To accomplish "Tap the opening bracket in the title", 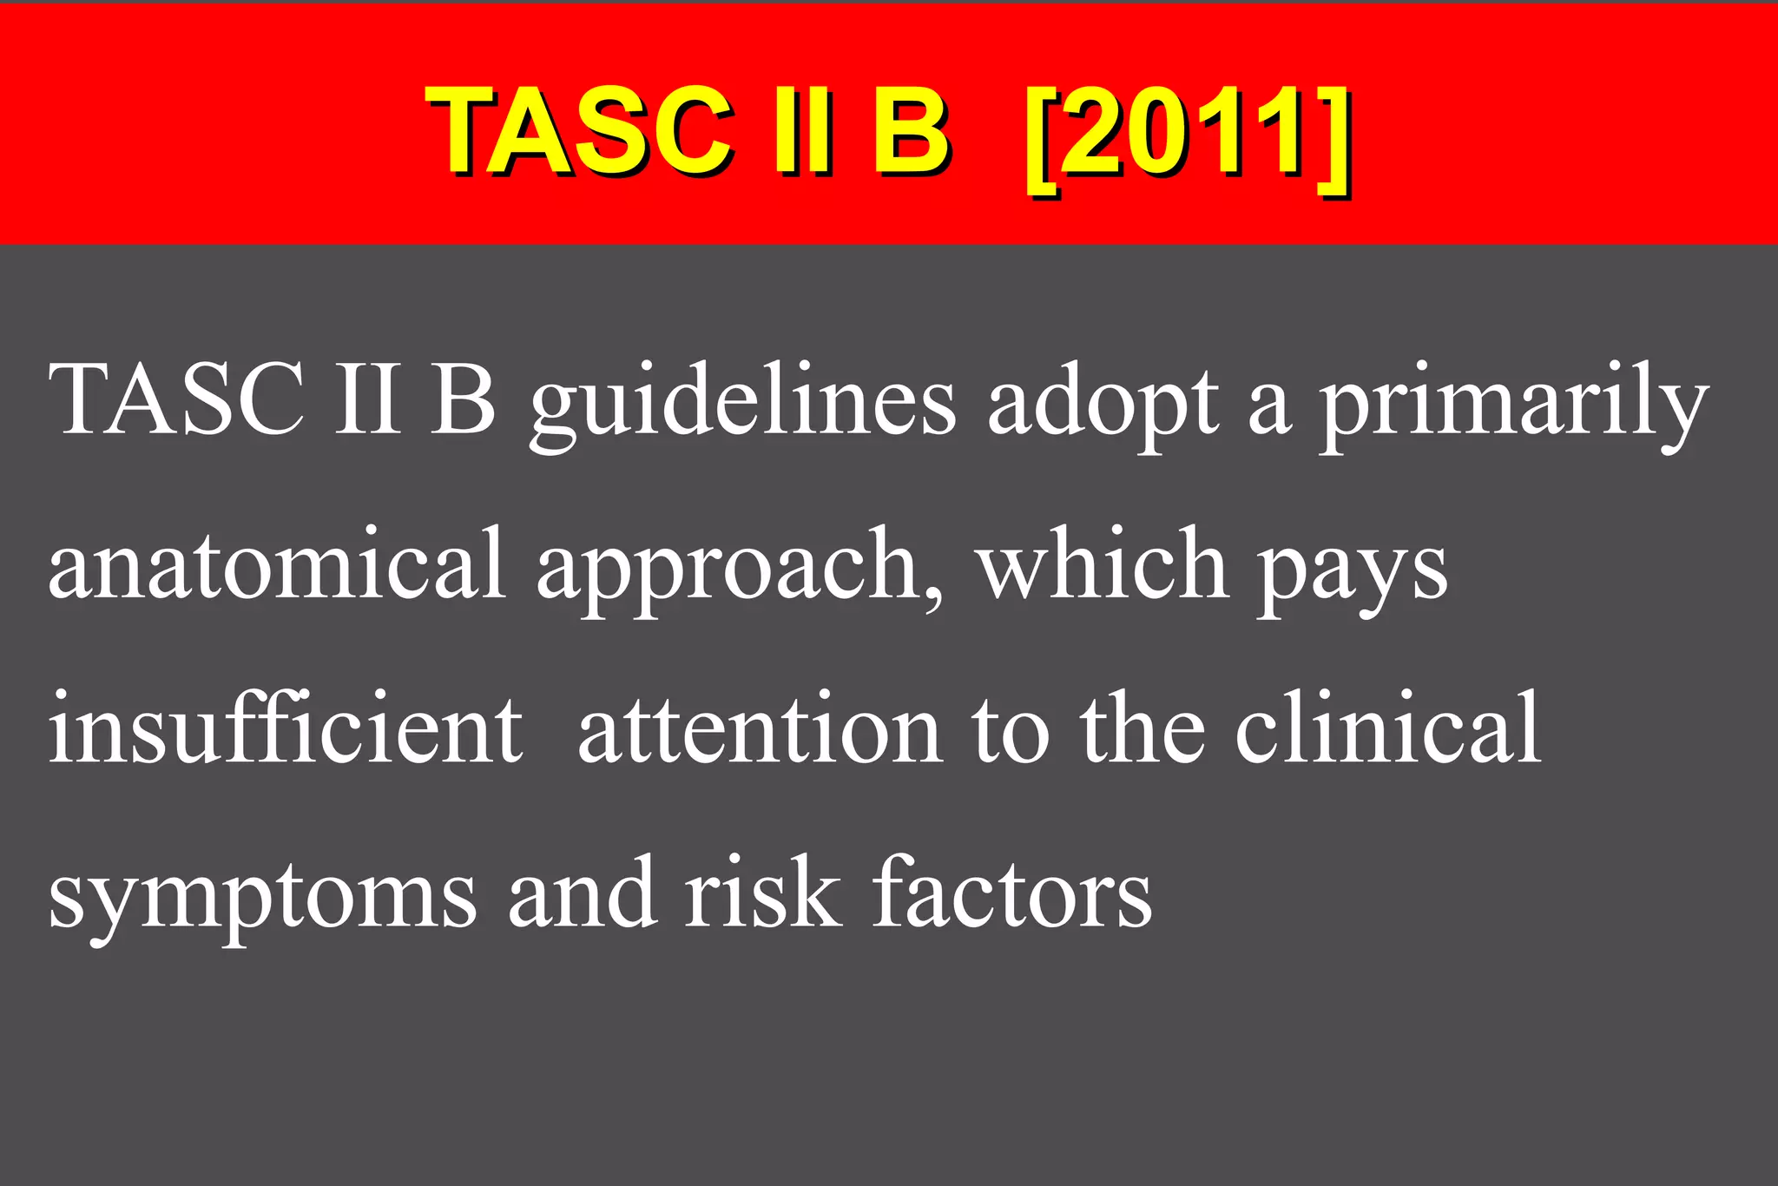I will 1041,139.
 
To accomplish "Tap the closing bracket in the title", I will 1333,139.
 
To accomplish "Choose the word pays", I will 1353,573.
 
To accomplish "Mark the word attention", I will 760,729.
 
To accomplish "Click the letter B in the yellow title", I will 910,132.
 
